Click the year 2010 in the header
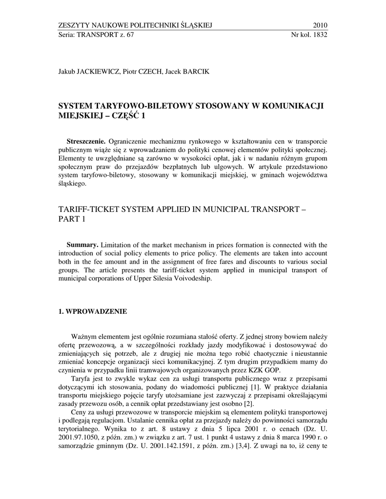tap(319, 25)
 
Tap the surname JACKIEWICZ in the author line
tap(98, 72)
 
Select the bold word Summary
tap(82, 244)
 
